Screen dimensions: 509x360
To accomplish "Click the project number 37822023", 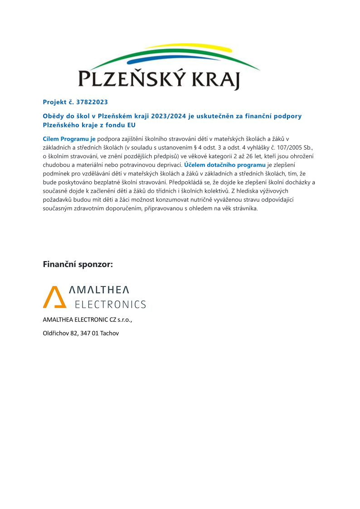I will [x=92, y=102].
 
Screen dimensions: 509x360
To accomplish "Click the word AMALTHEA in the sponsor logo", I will [x=98, y=290].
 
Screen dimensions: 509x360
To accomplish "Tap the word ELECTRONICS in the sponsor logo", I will [x=110, y=304].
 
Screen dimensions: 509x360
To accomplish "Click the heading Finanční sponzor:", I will [x=78, y=264].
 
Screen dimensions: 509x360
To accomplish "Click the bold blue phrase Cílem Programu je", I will [x=69, y=139].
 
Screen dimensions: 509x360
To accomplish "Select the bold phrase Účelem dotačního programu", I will [x=224, y=165].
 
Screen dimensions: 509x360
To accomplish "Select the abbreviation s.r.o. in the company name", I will [x=124, y=320].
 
